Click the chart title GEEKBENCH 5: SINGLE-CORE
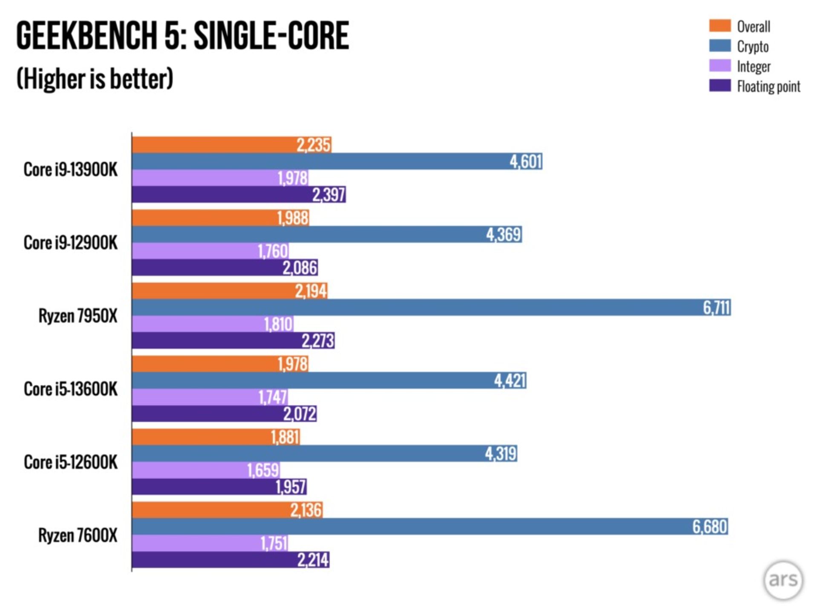182,36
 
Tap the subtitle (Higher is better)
95,79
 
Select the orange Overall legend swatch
720,26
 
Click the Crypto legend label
753,46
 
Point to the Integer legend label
754,66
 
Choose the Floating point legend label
769,86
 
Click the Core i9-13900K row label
70,169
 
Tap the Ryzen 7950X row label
78,316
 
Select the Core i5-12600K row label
70,462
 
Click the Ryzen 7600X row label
78,535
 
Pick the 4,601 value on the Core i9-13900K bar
526,162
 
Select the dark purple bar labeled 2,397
239,195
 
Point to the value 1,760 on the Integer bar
273,251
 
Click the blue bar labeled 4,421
328,381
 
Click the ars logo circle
783,580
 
